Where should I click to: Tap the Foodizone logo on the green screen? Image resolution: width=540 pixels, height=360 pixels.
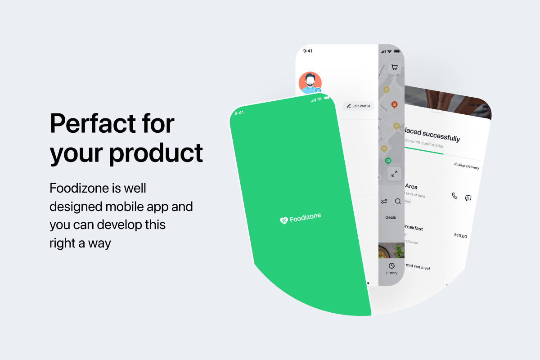point(300,219)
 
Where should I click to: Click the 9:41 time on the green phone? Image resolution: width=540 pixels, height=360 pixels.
point(239,112)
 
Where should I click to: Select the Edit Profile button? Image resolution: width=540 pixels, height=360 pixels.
point(358,106)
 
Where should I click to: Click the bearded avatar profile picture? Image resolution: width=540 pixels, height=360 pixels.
point(310,83)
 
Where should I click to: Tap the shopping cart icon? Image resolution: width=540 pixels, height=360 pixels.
point(394,67)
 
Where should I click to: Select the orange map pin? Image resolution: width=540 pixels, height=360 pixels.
point(394,104)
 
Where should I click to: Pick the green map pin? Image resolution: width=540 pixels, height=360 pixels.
point(388,161)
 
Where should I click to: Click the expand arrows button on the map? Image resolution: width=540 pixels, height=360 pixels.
point(394,174)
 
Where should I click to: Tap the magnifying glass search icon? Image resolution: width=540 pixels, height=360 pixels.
point(398,202)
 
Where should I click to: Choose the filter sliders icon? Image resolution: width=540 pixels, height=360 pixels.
point(384,202)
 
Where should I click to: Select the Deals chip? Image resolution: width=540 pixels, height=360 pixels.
point(391,217)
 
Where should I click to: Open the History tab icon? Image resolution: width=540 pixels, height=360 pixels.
point(391,266)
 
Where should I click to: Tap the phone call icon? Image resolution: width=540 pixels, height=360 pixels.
point(454,196)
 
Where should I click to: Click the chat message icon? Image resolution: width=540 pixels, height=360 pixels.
point(468,198)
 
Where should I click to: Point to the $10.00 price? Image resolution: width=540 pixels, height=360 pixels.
point(460,236)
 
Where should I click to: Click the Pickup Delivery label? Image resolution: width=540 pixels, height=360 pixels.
point(467,166)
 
